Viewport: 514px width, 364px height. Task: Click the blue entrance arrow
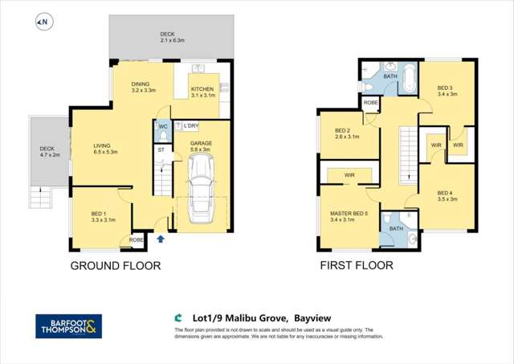[161, 239]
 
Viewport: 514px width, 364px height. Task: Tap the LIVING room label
[105, 147]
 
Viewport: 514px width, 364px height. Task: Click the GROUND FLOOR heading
[116, 266]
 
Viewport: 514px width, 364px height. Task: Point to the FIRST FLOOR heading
[357, 266]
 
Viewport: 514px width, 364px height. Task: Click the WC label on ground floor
[162, 126]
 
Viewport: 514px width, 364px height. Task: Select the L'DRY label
[190, 126]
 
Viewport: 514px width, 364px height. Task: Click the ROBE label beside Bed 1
[137, 239]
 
